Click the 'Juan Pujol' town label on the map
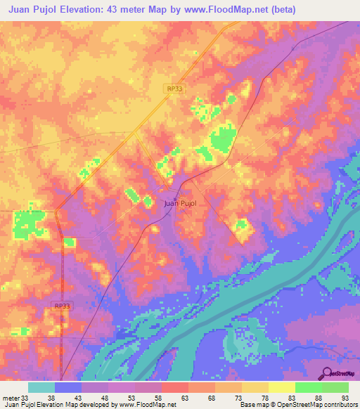coord(179,203)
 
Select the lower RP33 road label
coord(62,306)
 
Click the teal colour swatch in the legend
coord(41,387)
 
